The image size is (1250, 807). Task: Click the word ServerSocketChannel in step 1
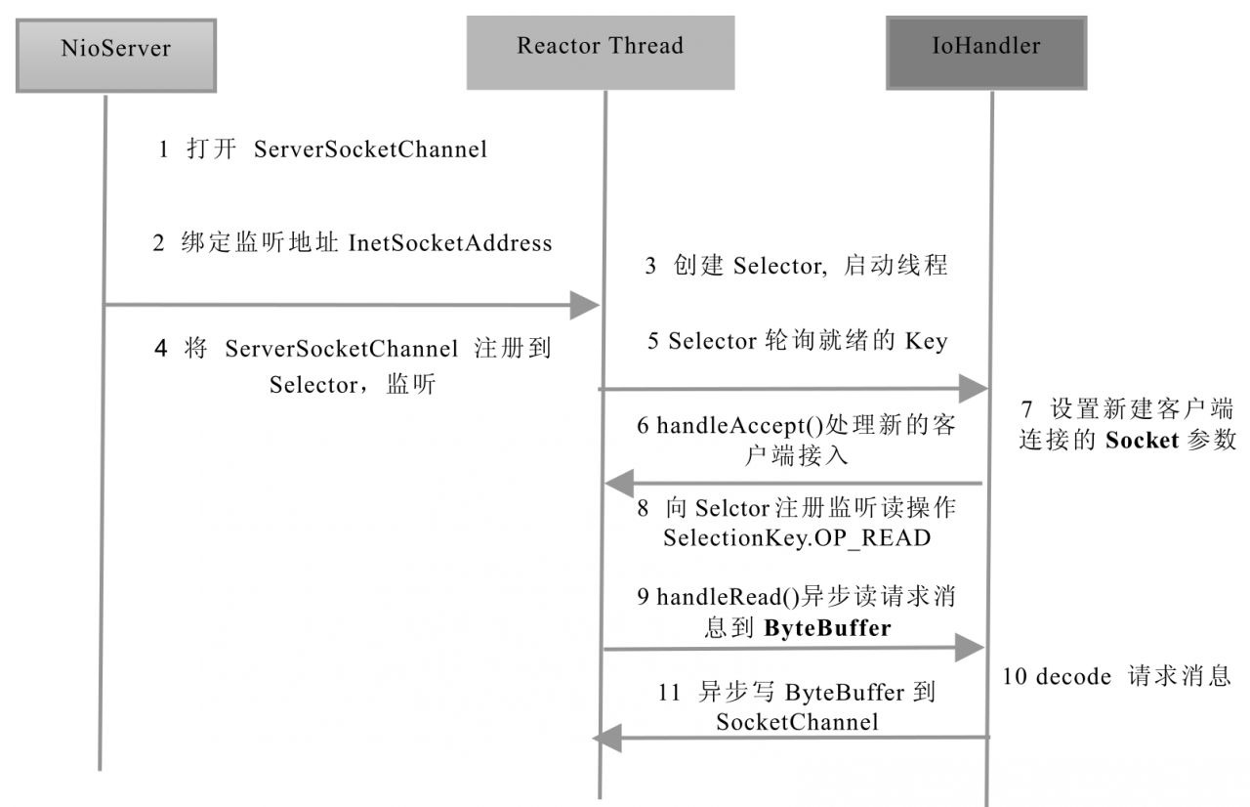click(x=370, y=150)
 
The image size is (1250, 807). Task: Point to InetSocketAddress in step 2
click(x=450, y=243)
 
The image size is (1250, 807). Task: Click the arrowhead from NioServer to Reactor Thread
click(x=585, y=306)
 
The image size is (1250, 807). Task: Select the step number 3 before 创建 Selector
click(x=650, y=266)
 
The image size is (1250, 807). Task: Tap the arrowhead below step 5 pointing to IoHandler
click(x=974, y=389)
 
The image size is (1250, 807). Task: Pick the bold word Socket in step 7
click(x=1142, y=440)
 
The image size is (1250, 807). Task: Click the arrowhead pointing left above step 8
click(x=619, y=483)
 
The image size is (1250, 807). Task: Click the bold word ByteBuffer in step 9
click(x=827, y=628)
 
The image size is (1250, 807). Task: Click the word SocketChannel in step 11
click(x=797, y=722)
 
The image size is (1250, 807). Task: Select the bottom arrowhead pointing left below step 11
click(x=607, y=739)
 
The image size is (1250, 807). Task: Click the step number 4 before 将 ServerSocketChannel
click(x=160, y=349)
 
